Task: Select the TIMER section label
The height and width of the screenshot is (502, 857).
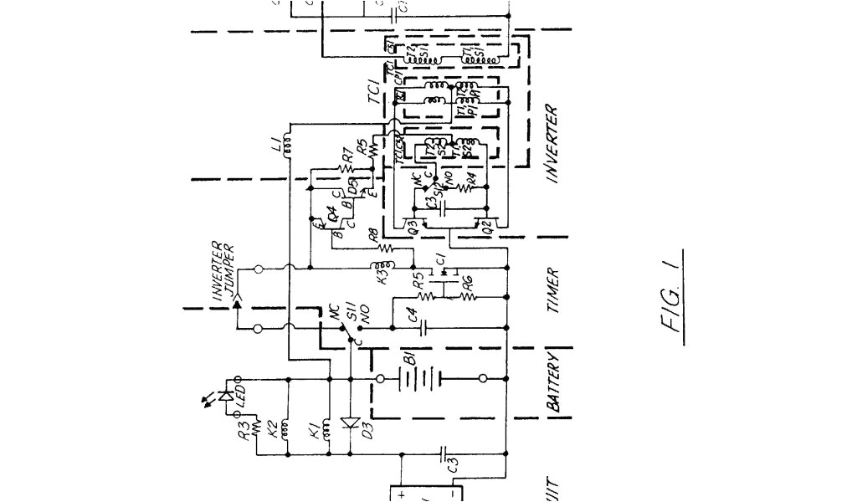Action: (x=552, y=290)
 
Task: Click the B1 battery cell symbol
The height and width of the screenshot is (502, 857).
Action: (x=410, y=381)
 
